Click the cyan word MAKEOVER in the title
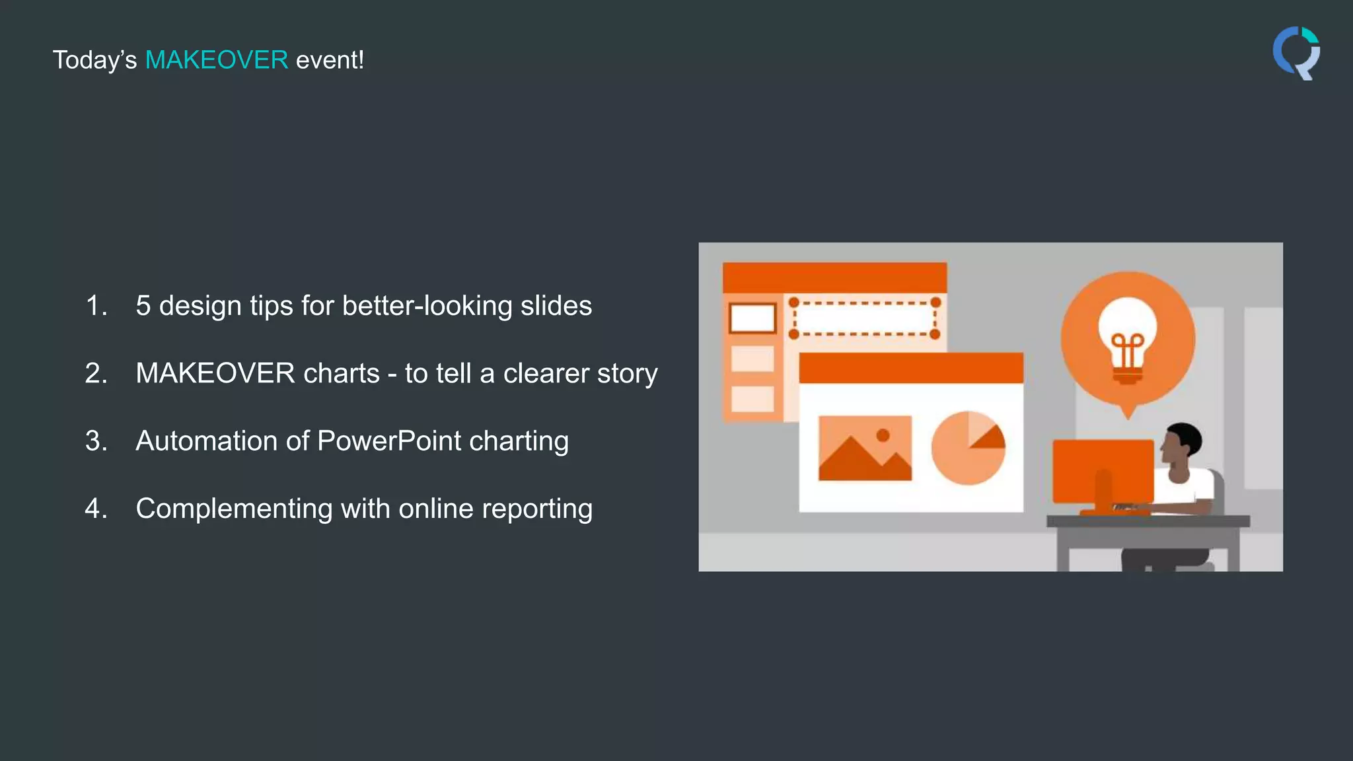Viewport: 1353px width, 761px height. click(x=216, y=60)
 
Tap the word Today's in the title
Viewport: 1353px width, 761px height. click(x=94, y=60)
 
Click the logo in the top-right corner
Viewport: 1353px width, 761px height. click(x=1296, y=53)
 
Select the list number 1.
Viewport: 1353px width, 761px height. click(x=96, y=306)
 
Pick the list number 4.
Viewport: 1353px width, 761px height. click(x=96, y=509)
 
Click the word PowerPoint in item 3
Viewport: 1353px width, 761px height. click(x=389, y=441)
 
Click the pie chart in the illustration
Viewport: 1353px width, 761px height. click(x=968, y=448)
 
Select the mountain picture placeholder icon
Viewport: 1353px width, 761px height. click(x=865, y=448)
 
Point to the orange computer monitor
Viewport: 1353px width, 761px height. click(x=1103, y=470)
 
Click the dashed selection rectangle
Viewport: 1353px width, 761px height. click(x=864, y=318)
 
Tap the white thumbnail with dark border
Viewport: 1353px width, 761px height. click(x=752, y=318)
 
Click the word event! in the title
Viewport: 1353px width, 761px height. click(x=330, y=60)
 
